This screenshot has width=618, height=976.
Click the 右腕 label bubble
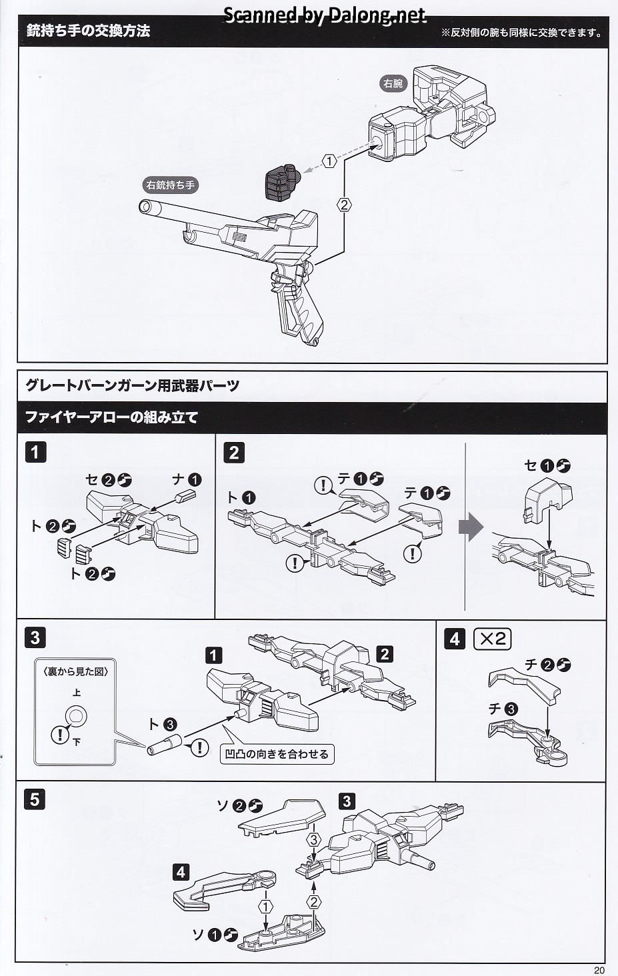394,84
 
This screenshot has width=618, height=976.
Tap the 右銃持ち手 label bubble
171,184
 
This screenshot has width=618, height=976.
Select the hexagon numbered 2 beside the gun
344,205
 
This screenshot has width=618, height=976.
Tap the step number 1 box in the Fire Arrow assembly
35,453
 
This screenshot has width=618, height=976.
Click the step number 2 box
233,453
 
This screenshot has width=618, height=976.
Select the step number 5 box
35,798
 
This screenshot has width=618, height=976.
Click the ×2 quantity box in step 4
492,639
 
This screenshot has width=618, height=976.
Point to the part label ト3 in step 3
162,724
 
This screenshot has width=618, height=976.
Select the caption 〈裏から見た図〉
75,671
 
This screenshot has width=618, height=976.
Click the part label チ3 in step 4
503,709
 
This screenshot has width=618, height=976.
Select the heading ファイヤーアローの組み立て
112,418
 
